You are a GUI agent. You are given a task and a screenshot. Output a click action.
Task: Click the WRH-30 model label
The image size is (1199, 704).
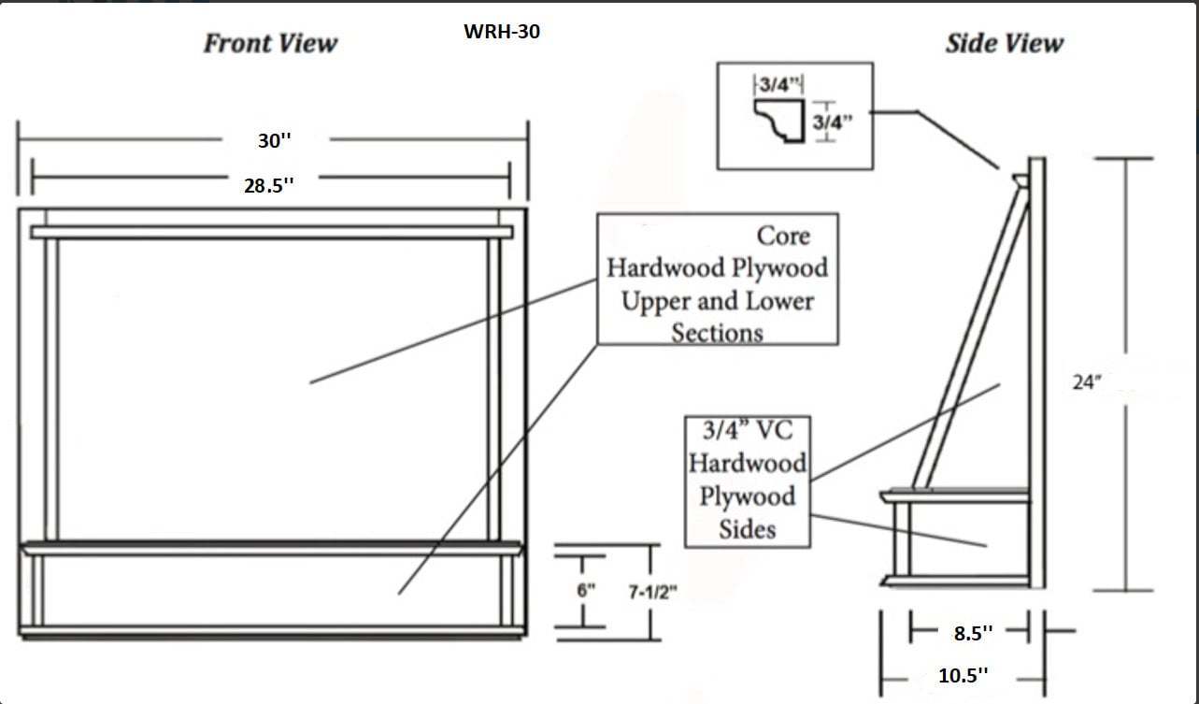(x=502, y=32)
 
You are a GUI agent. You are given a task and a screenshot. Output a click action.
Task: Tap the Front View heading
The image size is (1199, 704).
(x=270, y=43)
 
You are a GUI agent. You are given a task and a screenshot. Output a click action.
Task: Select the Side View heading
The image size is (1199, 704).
(x=1005, y=43)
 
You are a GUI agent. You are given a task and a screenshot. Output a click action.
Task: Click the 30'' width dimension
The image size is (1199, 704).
(x=275, y=141)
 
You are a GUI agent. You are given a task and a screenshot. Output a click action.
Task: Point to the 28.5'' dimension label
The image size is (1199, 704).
(x=269, y=186)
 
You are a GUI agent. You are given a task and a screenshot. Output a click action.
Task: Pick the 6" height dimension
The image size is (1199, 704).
(x=586, y=591)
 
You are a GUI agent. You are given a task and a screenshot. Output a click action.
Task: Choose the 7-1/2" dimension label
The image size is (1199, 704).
(x=652, y=592)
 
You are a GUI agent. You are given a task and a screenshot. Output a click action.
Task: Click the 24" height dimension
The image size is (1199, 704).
(x=1087, y=382)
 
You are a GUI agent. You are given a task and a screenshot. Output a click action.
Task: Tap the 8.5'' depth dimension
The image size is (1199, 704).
(x=973, y=633)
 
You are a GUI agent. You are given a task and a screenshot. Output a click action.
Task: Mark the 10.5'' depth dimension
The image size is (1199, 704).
(x=963, y=676)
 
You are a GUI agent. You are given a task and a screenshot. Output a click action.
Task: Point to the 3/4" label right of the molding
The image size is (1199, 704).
(x=833, y=122)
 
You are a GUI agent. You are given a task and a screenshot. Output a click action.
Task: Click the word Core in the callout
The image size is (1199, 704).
(x=783, y=237)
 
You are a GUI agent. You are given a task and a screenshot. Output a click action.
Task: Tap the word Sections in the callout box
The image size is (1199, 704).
(x=718, y=333)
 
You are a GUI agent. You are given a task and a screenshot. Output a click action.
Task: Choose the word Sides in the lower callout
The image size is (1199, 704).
(x=748, y=529)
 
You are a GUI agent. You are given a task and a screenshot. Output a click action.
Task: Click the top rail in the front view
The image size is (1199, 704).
(x=271, y=233)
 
